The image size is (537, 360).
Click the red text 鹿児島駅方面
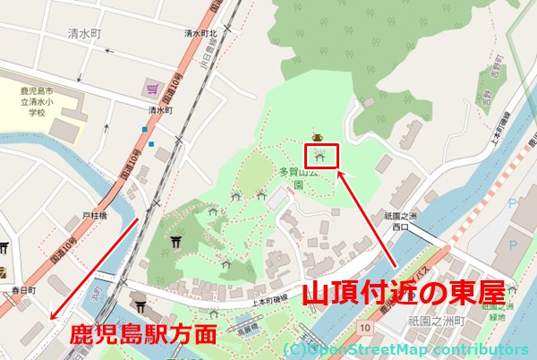pos(144,336)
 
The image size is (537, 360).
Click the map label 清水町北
pos(201,33)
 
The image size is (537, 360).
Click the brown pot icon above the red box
pos(316,137)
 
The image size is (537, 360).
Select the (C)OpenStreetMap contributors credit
pos(405,348)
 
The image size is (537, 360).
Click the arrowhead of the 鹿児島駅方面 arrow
pos(53,319)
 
